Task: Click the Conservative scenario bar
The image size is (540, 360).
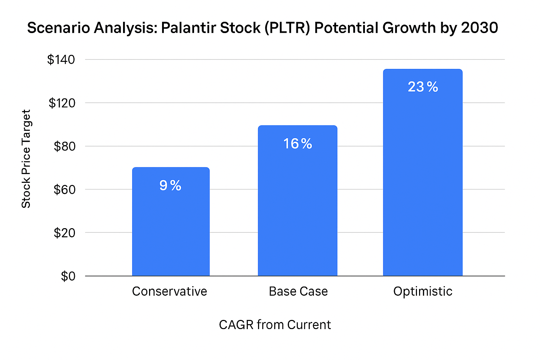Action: [171, 229]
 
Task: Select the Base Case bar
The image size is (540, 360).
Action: [297, 211]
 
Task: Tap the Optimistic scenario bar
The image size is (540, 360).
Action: [423, 183]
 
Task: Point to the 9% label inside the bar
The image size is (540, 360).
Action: [171, 185]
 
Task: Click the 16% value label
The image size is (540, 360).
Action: [297, 143]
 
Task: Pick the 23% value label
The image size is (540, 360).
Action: [423, 87]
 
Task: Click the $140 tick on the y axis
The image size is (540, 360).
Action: [61, 60]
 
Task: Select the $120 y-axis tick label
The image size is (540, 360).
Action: [62, 103]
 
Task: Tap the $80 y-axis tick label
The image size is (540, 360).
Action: [64, 146]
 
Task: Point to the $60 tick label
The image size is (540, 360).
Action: [64, 189]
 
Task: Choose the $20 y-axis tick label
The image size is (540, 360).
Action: [64, 233]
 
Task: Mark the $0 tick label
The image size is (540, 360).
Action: [68, 276]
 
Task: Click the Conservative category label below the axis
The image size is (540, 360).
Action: [169, 291]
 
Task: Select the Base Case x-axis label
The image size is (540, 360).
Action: [298, 291]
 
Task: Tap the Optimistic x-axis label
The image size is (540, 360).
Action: [423, 291]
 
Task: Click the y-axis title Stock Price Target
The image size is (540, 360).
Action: [26, 159]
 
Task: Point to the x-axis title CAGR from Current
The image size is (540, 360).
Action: [275, 324]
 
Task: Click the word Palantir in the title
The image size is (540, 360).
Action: [189, 28]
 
